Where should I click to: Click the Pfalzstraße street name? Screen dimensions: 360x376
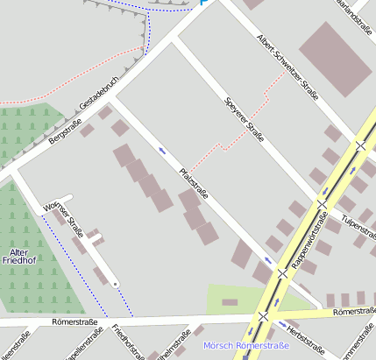193,183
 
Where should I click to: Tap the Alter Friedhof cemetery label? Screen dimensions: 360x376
19,256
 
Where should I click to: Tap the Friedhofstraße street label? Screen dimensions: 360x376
128,342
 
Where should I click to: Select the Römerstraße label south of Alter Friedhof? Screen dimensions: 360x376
74,322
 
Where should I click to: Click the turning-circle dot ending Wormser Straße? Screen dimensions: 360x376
115,285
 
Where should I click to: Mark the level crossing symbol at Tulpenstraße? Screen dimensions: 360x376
322,204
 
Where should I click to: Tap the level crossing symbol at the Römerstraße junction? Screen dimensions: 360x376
263,315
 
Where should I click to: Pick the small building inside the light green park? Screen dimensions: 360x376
230,302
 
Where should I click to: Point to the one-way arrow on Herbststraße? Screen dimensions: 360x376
282,324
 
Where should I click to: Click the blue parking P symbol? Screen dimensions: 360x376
204,3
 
